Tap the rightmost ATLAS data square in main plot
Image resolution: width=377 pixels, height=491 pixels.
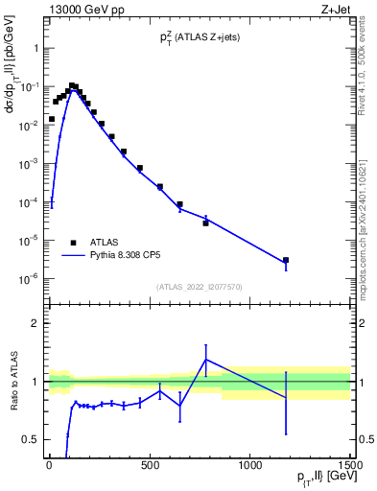[x=286, y=260]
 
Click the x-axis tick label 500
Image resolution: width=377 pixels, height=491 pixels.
[x=150, y=466]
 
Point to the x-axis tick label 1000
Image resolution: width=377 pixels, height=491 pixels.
[x=250, y=466]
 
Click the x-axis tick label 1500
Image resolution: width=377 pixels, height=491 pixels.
[x=351, y=466]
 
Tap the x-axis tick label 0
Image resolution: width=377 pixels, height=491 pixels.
[x=49, y=466]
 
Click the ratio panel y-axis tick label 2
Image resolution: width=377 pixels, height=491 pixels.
[x=33, y=323]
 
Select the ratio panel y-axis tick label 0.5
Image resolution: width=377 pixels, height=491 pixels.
[x=29, y=439]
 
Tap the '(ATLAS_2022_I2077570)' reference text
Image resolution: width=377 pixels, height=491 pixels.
[x=199, y=285]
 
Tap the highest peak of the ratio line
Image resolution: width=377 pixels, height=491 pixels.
[x=206, y=360]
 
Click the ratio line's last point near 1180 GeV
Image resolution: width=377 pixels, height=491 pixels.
[x=286, y=397]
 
